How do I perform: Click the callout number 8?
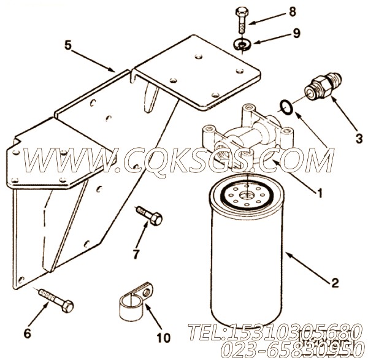[292, 12]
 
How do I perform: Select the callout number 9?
[297, 33]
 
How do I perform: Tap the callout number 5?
[68, 45]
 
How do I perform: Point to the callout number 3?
[359, 138]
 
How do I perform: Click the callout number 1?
[319, 193]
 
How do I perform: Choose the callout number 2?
[335, 283]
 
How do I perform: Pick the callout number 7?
[136, 254]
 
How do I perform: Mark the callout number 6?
[28, 333]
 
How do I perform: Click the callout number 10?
[163, 338]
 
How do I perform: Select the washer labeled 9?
[242, 44]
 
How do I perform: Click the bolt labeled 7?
[149, 215]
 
